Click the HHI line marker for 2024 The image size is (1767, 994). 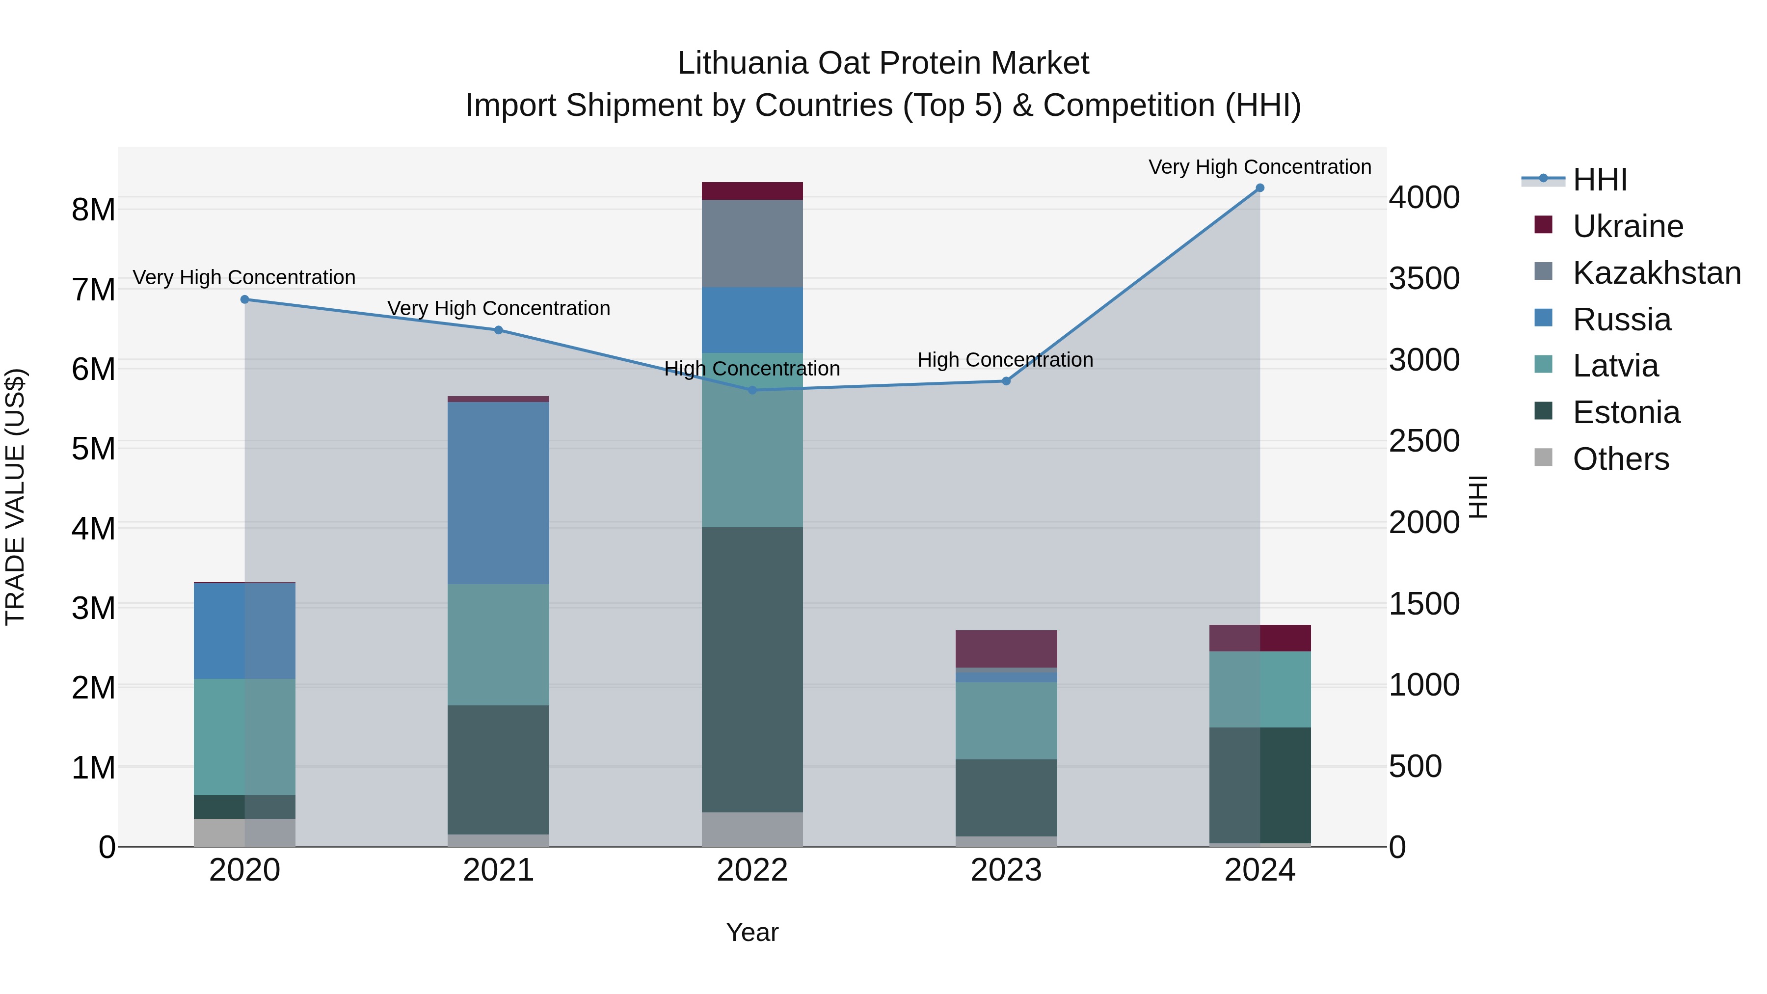coord(1259,188)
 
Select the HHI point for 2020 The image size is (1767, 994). coord(245,299)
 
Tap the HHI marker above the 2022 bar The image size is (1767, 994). coord(752,390)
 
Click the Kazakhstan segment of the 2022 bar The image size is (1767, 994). coord(752,243)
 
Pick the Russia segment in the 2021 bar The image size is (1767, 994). coord(498,492)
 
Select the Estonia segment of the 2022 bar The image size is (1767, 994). coord(752,669)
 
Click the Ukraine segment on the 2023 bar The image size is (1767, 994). coord(1006,648)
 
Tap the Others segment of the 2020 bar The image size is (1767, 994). coord(245,832)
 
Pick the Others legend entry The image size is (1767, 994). coord(1620,459)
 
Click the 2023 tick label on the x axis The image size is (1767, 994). coord(1006,870)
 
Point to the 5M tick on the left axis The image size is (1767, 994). coord(93,449)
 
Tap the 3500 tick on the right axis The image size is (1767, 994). coord(1424,278)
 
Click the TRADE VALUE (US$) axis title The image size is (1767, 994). coord(15,497)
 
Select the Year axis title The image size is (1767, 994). coord(752,932)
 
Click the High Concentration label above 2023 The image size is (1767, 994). coord(1005,359)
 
